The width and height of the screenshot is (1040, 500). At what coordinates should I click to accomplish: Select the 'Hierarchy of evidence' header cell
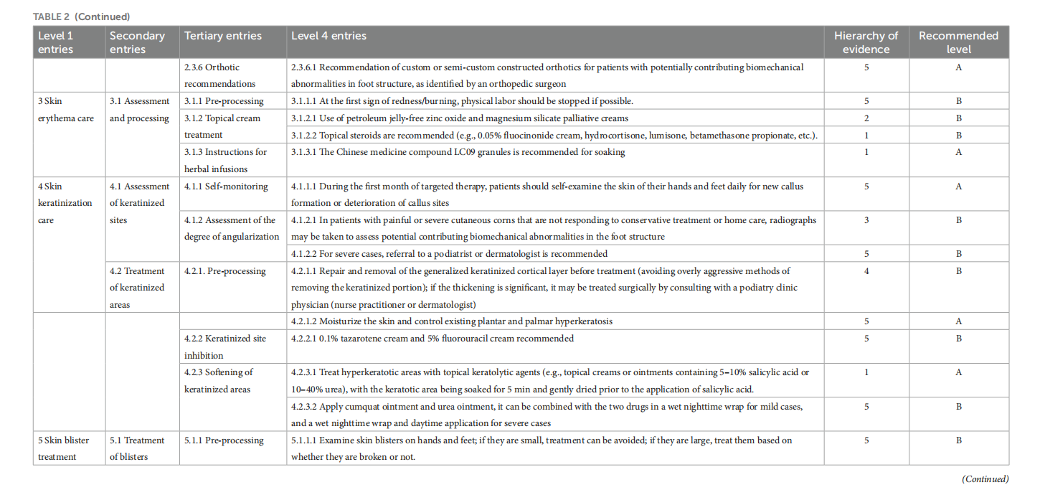866,42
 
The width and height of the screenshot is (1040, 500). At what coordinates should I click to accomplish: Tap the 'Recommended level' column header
958,42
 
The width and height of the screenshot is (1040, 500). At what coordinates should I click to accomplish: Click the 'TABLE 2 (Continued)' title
81,16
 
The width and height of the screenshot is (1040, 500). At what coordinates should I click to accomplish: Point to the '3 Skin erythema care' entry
66,110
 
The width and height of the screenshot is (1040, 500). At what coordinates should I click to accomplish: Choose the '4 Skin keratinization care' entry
65,203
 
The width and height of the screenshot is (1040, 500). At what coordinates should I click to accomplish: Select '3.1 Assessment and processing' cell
140,110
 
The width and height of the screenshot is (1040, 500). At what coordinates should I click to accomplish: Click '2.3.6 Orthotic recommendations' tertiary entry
220,75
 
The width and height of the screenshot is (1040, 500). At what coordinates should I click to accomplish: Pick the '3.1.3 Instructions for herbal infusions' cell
226,160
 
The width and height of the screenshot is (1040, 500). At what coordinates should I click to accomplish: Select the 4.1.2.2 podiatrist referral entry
449,253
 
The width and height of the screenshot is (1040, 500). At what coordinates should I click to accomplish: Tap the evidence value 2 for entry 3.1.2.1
866,118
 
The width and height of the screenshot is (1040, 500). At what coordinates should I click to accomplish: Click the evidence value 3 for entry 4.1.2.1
866,220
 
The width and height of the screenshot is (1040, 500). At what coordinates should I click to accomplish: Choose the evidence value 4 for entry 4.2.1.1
866,271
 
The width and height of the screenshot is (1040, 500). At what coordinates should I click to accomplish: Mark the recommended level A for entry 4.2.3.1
958,372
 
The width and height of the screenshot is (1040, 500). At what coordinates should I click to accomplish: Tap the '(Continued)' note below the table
985,479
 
